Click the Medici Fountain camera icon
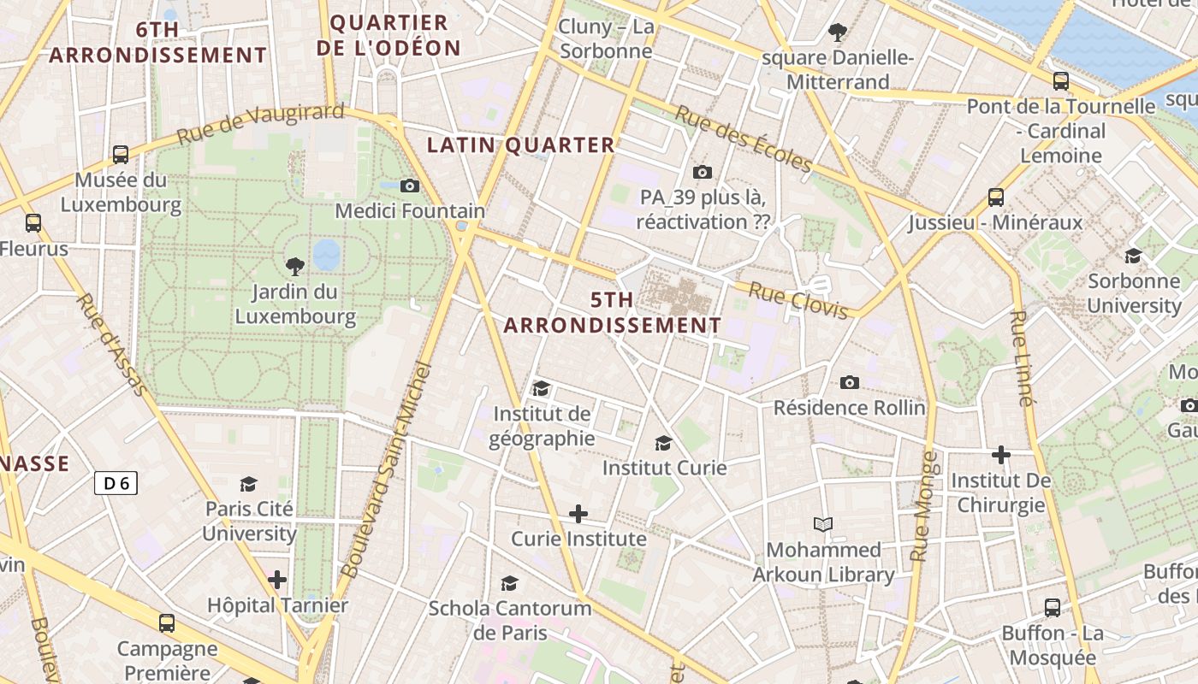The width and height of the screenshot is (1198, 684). pyautogui.click(x=410, y=186)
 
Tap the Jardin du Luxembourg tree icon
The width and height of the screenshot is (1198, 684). pyautogui.click(x=295, y=266)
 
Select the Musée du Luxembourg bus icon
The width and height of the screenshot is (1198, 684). pyautogui.click(x=121, y=155)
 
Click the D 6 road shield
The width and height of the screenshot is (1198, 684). pyautogui.click(x=116, y=484)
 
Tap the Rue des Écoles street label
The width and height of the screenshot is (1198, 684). pyautogui.click(x=742, y=138)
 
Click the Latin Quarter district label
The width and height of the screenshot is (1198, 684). pyautogui.click(x=521, y=145)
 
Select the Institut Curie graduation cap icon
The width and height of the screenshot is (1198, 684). pyautogui.click(x=663, y=443)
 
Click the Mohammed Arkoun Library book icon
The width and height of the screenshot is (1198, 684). pyautogui.click(x=823, y=524)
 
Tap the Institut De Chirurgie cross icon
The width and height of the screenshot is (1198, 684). pyautogui.click(x=1001, y=455)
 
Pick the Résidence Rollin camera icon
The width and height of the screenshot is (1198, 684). pyautogui.click(x=849, y=382)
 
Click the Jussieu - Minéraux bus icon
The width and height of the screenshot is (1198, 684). pyautogui.click(x=996, y=198)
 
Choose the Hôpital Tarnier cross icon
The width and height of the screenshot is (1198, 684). pyautogui.click(x=277, y=580)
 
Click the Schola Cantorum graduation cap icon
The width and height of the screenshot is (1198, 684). pyautogui.click(x=510, y=583)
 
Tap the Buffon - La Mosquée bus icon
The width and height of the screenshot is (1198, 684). pyautogui.click(x=1053, y=608)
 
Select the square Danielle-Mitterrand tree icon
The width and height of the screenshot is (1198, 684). pyautogui.click(x=838, y=32)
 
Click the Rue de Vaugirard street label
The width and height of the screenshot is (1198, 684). pyautogui.click(x=260, y=124)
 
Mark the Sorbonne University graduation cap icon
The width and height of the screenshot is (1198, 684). pyautogui.click(x=1134, y=256)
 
